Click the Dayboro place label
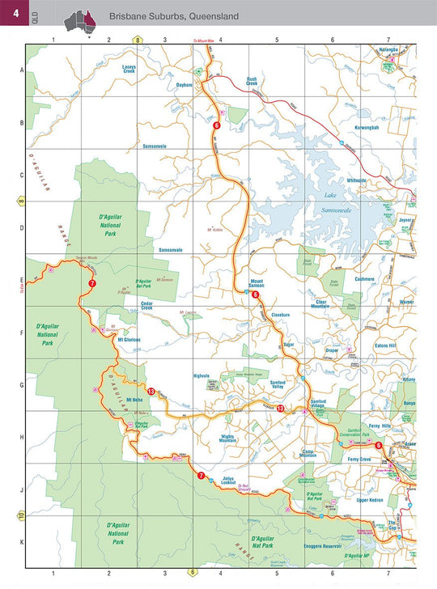coord(185,85)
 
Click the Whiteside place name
coord(357,180)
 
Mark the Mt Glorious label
coord(129,339)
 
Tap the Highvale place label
coord(202,375)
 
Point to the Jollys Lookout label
coord(234,480)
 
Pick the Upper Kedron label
coord(373,500)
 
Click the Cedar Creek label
coord(147,304)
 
